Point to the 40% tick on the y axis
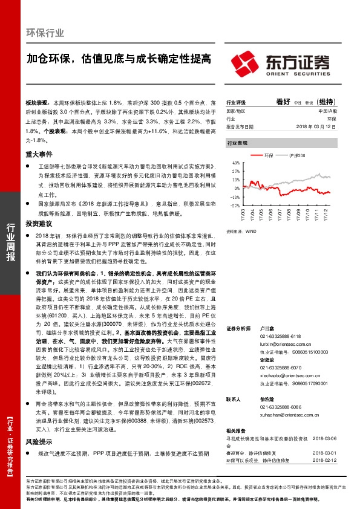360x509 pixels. click(236, 162)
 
